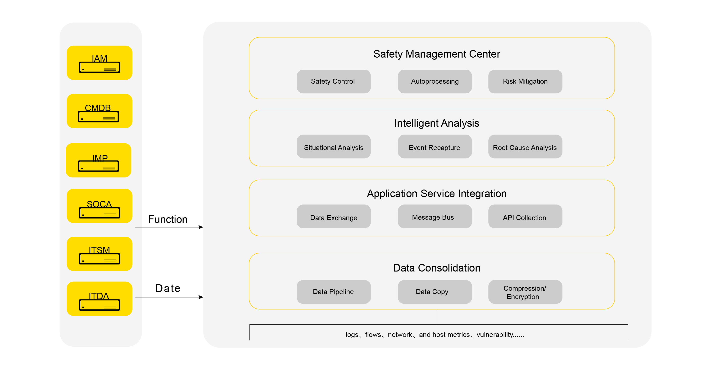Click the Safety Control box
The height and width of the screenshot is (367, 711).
[x=334, y=82]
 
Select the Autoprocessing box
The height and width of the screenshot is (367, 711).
[x=435, y=82]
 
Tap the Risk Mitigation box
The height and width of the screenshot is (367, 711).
[x=525, y=82]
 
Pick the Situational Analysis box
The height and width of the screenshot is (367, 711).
[x=334, y=146]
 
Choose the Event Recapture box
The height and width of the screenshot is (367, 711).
[x=435, y=146]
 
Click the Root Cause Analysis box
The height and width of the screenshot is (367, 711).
[x=525, y=146]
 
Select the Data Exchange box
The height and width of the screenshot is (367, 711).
[x=334, y=216]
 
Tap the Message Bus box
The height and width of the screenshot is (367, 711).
[x=435, y=216]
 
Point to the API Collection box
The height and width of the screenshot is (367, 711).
[x=525, y=216]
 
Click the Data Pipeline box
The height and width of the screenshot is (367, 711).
[x=334, y=292]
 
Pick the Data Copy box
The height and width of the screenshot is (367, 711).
[x=435, y=292]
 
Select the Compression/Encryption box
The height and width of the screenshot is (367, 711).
[x=525, y=292]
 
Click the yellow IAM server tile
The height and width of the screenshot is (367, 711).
[x=99, y=63]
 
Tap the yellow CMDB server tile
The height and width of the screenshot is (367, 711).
[x=99, y=111]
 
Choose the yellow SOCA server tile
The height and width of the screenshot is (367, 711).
[x=99, y=206]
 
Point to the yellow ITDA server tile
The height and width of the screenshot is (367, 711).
[x=99, y=299]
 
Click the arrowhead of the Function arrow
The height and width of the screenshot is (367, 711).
[x=201, y=227]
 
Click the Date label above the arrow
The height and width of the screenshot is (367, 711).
[x=168, y=288]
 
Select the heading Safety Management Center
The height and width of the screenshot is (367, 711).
[x=437, y=54]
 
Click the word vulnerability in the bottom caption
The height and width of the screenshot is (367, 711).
[x=495, y=335]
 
